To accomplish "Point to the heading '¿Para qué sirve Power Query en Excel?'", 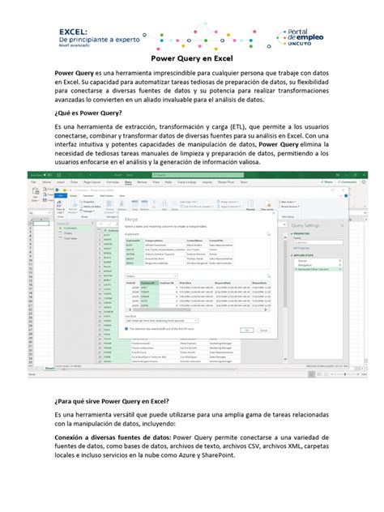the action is pos(111,399).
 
